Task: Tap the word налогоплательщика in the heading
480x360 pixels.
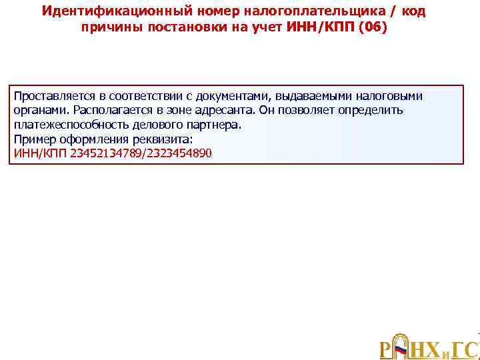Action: [281, 12]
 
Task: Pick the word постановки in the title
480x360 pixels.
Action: [180, 29]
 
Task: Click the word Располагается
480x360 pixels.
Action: [111, 111]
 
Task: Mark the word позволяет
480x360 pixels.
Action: [303, 111]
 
